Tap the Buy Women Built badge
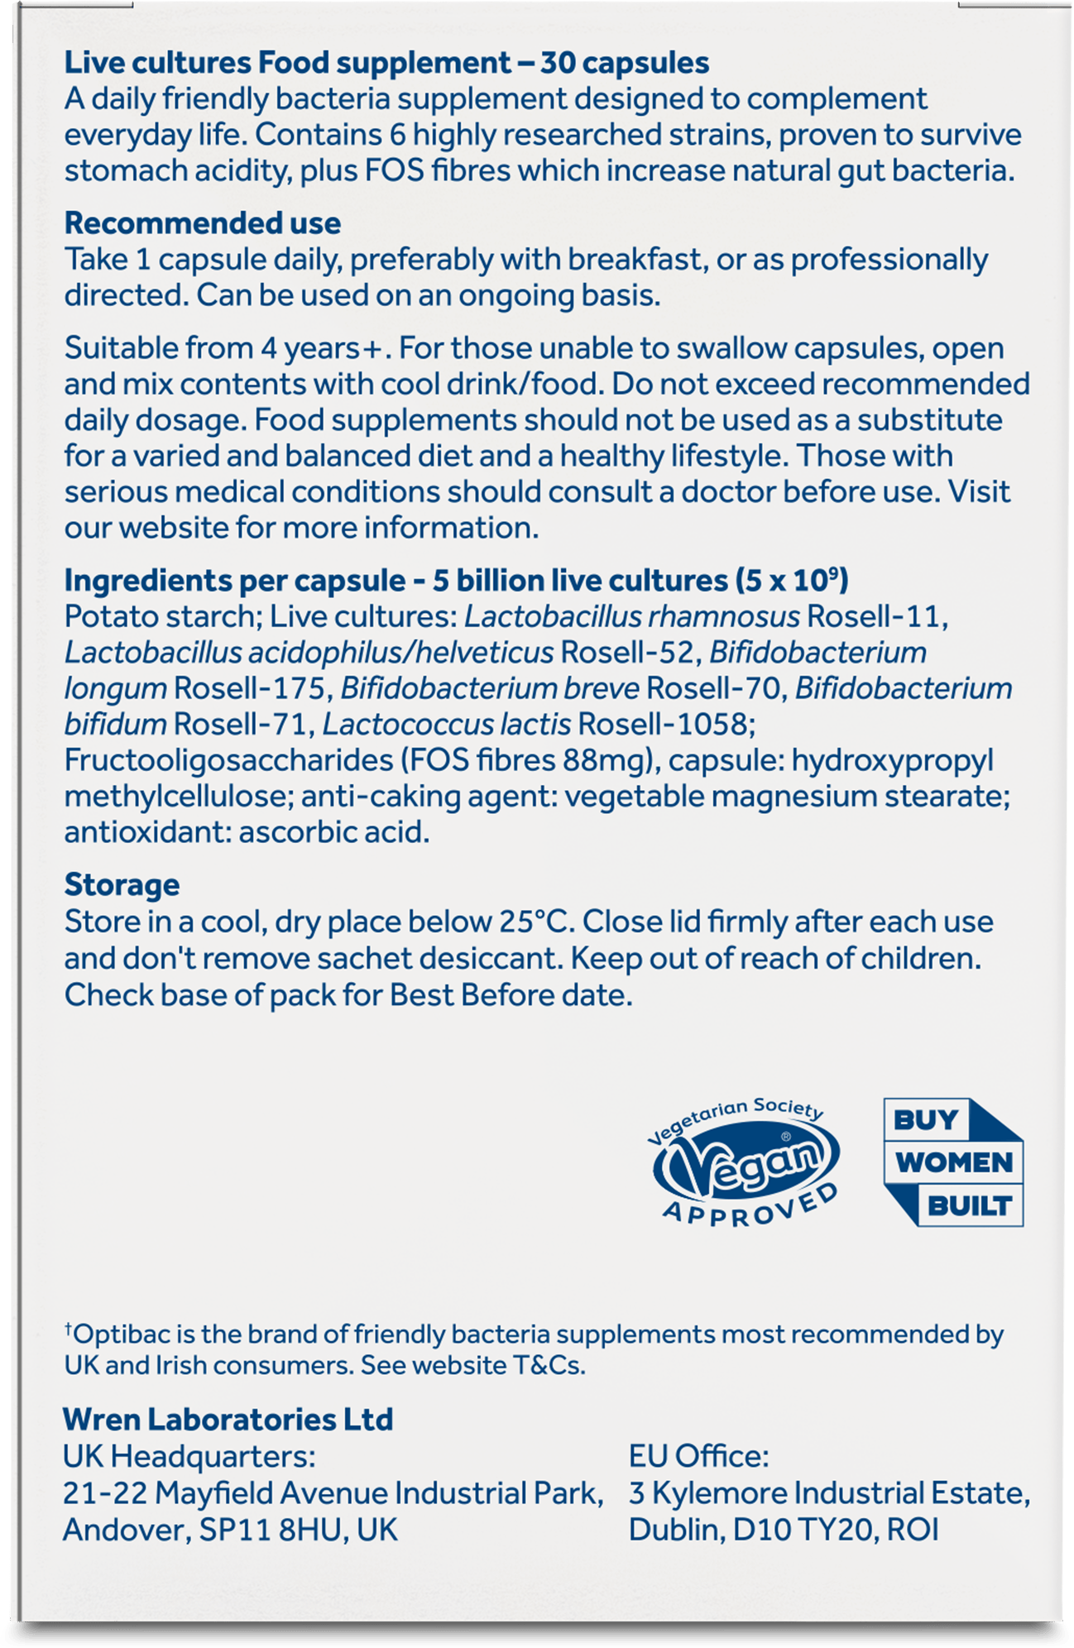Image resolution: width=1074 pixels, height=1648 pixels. pyautogui.click(x=953, y=1162)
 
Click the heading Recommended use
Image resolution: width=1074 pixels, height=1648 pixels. pyautogui.click(x=203, y=223)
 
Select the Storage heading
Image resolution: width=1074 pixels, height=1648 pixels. pyautogui.click(x=122, y=884)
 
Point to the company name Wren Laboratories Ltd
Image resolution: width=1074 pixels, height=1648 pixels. pyautogui.click(x=228, y=1420)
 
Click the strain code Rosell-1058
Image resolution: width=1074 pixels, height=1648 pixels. pyautogui.click(x=666, y=725)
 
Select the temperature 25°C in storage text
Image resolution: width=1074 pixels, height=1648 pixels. pyautogui.click(x=535, y=922)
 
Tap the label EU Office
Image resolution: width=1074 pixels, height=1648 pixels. pyautogui.click(x=699, y=1456)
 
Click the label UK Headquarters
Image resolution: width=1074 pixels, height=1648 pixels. pyautogui.click(x=189, y=1456)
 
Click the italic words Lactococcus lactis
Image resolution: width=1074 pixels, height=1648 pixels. pyautogui.click(x=446, y=725)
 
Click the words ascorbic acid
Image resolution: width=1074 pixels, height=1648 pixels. pyautogui.click(x=333, y=832)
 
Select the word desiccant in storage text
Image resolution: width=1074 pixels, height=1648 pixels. pyautogui.click(x=489, y=958)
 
